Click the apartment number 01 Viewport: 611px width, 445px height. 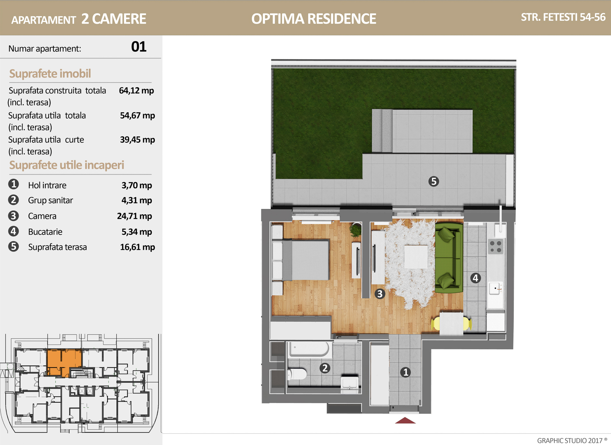click(x=138, y=47)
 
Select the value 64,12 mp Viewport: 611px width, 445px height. click(x=136, y=91)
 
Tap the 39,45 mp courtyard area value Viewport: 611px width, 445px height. click(x=137, y=140)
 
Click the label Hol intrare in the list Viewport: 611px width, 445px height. click(x=47, y=185)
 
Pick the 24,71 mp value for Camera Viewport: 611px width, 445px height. click(x=134, y=216)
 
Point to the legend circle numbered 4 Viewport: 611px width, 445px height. click(x=13, y=231)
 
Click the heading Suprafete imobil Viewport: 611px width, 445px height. click(x=50, y=74)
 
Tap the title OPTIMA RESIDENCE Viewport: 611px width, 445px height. click(x=313, y=19)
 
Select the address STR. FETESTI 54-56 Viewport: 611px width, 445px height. click(x=563, y=17)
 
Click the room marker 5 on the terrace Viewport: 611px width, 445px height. click(x=433, y=181)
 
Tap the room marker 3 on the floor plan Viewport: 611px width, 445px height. click(x=379, y=294)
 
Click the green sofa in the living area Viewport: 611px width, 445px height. click(x=449, y=258)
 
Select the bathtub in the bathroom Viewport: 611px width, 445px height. click(x=309, y=349)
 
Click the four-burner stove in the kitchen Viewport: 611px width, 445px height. click(x=496, y=247)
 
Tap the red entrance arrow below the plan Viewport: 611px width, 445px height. click(x=405, y=420)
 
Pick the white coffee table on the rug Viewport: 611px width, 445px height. click(x=416, y=257)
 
